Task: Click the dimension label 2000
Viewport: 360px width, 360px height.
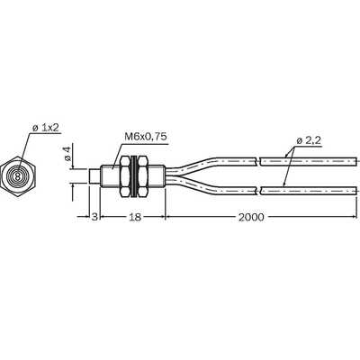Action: point(251,217)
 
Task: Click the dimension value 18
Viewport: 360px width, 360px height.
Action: point(135,217)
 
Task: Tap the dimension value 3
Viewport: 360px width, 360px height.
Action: point(94,217)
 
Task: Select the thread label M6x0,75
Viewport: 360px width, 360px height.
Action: point(146,137)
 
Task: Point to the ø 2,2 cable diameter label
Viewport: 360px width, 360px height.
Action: point(310,141)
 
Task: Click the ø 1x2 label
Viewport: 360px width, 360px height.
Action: point(45,128)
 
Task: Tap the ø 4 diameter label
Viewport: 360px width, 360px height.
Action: point(67,154)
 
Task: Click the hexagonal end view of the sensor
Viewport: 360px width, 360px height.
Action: point(18,176)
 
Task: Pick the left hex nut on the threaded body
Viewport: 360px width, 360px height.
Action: point(125,176)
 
